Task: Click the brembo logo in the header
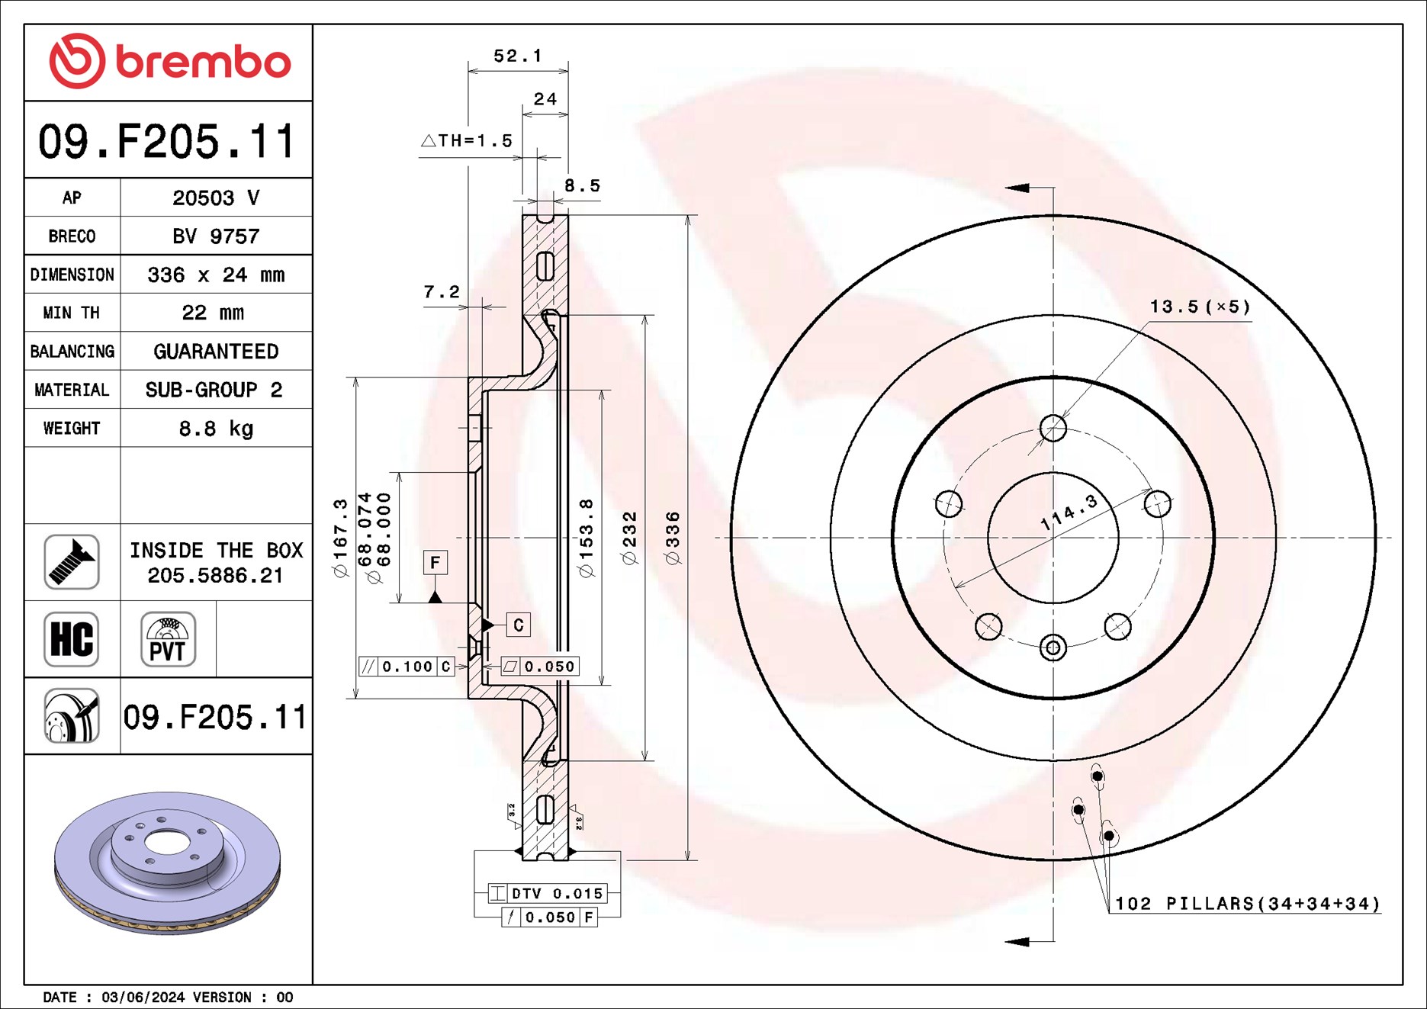click(x=169, y=61)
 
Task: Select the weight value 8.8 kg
click(x=216, y=429)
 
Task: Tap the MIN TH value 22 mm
click(x=213, y=313)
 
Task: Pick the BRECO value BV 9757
click(x=216, y=236)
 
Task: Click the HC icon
click(x=72, y=639)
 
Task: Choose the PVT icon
click(x=168, y=639)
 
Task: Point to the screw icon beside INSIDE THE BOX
click(x=72, y=562)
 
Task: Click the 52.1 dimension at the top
click(x=517, y=56)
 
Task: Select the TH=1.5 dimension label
click(x=467, y=141)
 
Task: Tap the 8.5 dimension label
click(x=582, y=185)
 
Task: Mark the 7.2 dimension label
click(x=442, y=291)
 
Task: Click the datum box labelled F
click(x=435, y=563)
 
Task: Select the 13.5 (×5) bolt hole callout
click(x=1200, y=307)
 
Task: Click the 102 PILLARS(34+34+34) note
click(x=1247, y=904)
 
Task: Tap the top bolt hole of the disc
click(x=1053, y=428)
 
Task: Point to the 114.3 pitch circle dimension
click(x=1069, y=513)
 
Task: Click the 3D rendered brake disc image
click(x=168, y=862)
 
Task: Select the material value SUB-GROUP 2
click(x=214, y=390)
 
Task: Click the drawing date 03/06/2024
click(x=143, y=998)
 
